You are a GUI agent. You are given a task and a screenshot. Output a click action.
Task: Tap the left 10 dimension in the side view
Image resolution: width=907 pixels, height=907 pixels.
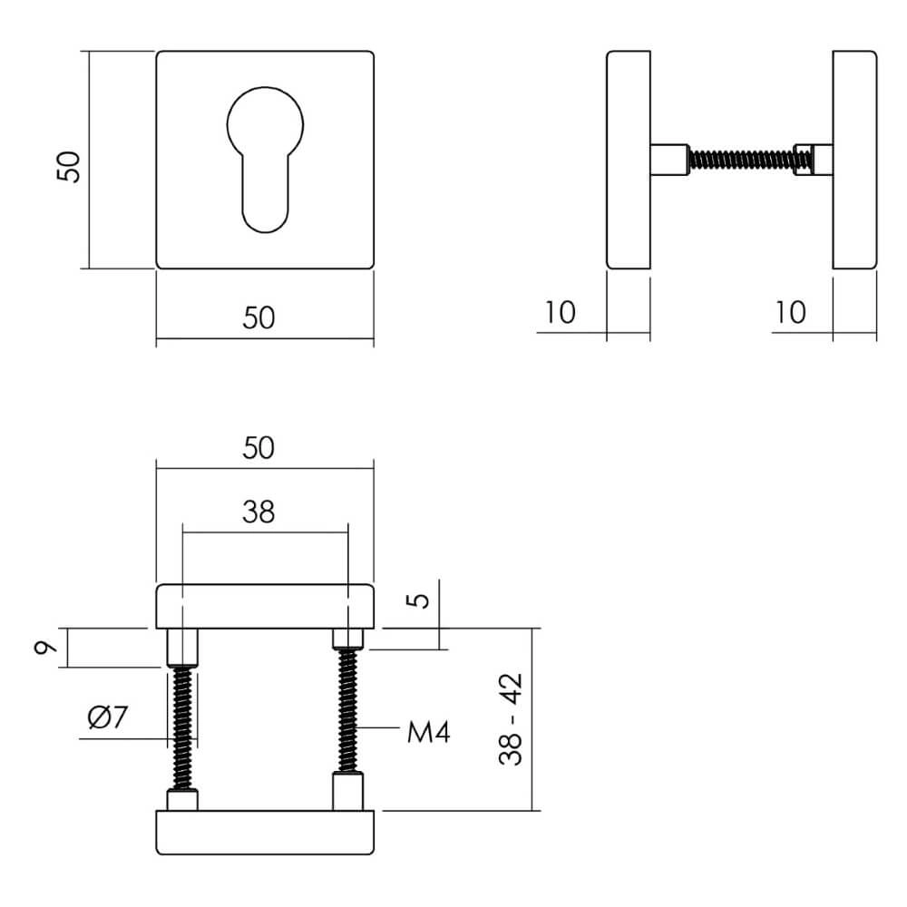(x=561, y=313)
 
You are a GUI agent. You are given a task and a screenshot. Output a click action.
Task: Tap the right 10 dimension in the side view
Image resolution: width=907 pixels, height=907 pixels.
(x=791, y=313)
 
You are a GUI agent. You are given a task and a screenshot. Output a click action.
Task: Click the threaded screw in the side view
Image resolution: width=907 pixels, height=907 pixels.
(x=742, y=161)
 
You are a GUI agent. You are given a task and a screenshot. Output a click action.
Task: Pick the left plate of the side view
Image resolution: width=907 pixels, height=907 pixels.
(x=628, y=161)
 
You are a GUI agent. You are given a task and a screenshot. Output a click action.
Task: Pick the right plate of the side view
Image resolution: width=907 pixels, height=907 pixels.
(x=854, y=161)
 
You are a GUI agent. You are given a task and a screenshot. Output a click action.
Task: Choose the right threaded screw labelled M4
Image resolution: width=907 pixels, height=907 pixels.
(x=348, y=712)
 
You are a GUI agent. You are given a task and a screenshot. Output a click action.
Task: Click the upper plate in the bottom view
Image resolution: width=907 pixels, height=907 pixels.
(x=265, y=608)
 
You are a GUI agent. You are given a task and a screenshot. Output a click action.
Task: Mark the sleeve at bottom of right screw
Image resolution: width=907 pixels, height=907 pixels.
(x=349, y=792)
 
